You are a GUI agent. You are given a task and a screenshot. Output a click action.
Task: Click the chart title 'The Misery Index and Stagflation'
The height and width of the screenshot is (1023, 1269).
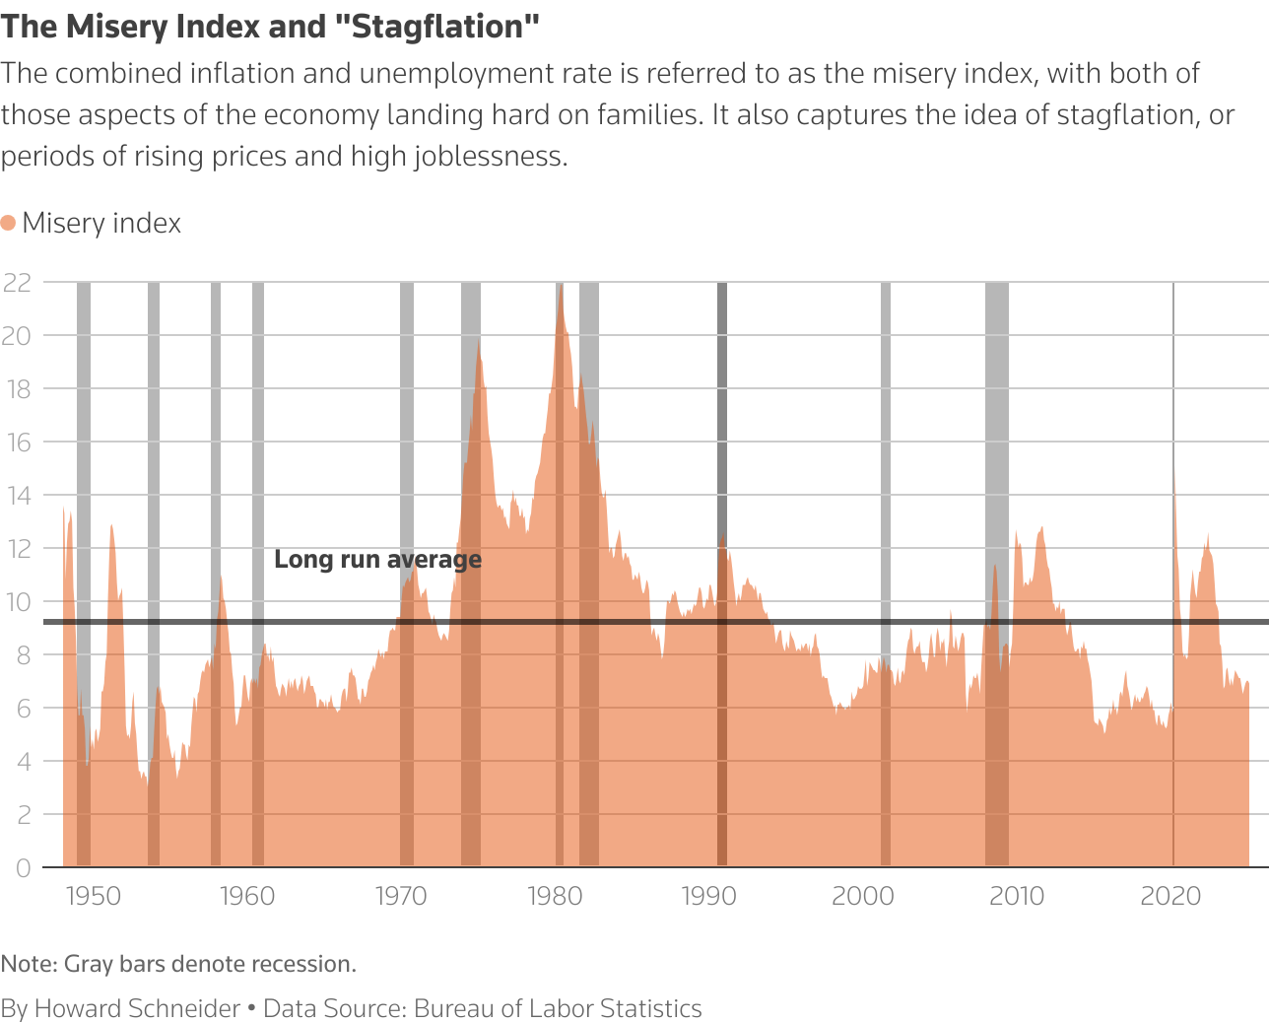point(270,27)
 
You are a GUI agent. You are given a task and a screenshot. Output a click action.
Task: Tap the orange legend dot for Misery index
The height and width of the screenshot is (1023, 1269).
point(9,223)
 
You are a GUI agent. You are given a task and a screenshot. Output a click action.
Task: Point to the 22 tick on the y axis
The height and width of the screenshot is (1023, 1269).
point(17,283)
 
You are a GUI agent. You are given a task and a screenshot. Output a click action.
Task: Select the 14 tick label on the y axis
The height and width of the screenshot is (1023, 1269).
point(17,496)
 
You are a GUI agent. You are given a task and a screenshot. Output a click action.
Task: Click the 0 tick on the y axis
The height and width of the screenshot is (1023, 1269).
point(23,867)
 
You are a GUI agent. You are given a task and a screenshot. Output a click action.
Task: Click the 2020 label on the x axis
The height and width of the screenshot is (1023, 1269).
point(1170,896)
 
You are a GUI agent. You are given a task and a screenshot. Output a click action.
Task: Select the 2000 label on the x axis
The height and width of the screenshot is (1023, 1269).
point(863,896)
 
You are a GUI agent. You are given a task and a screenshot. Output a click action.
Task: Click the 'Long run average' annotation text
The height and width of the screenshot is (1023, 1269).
point(377,560)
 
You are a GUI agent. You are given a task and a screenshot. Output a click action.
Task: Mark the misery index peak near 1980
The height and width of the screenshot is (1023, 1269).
point(561,289)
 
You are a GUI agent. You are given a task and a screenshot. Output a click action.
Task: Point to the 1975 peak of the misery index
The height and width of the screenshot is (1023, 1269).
point(479,343)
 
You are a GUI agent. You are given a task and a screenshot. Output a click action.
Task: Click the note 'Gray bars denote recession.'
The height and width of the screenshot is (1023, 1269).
point(209,964)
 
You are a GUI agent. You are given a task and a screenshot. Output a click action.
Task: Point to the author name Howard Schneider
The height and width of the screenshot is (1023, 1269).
point(137,1008)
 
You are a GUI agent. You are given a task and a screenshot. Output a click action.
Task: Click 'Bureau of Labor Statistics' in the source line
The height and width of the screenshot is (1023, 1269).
point(558,1008)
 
